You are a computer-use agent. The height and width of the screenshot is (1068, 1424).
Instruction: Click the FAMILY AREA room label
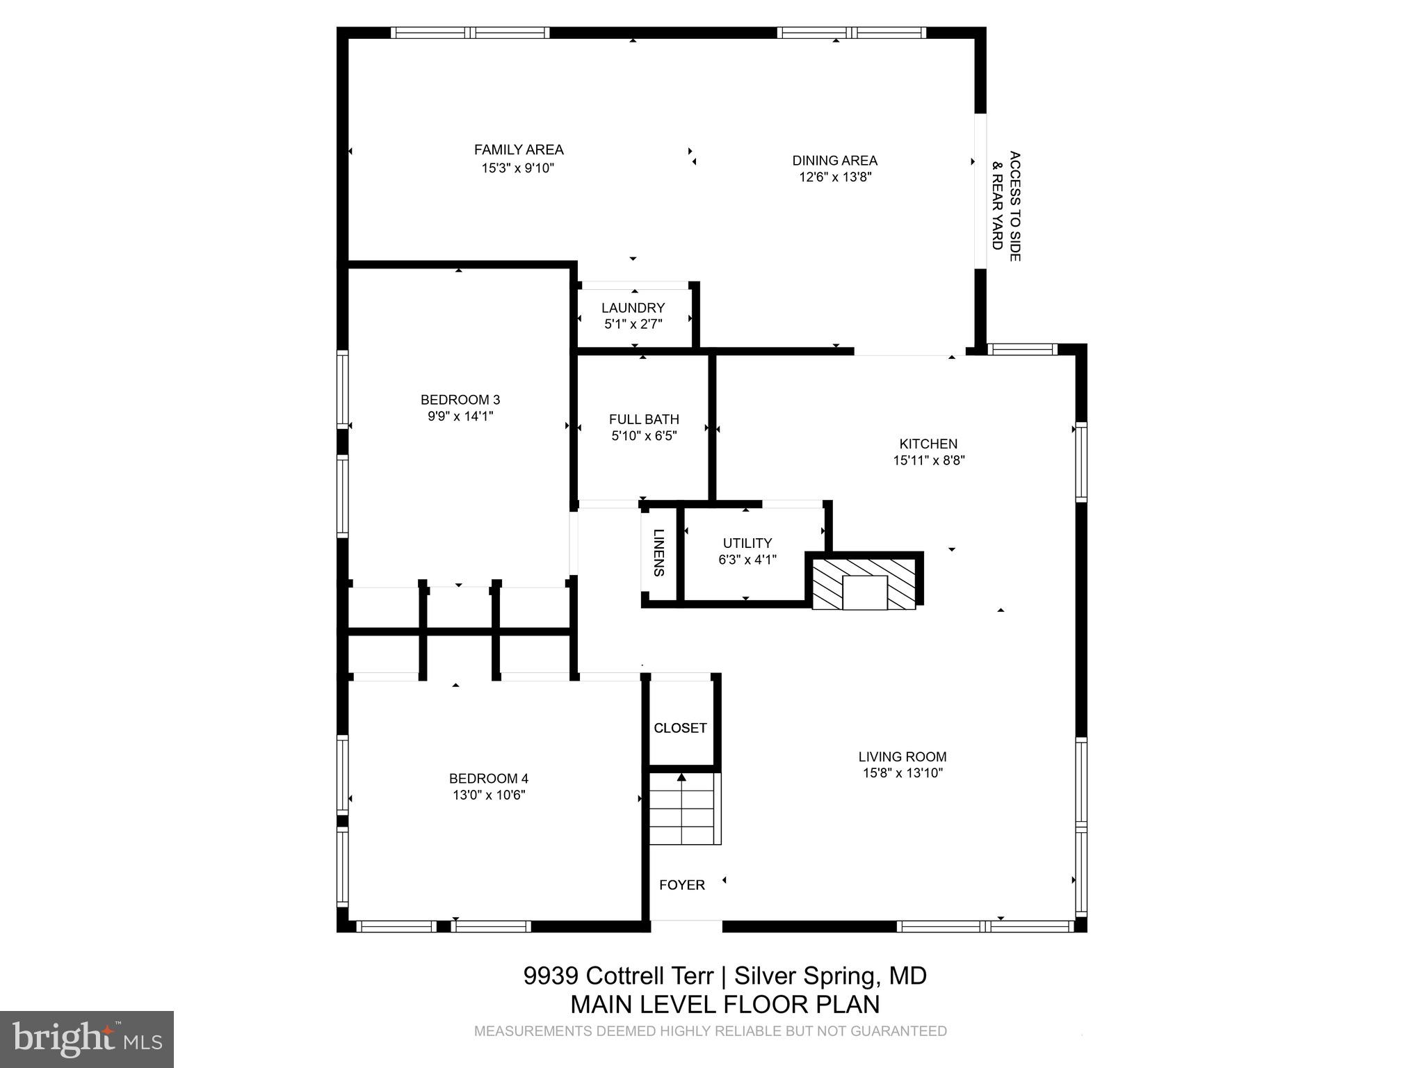519,150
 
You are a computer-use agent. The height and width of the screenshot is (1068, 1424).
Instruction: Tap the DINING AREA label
834,161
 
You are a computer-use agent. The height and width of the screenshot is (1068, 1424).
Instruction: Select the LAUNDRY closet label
633,308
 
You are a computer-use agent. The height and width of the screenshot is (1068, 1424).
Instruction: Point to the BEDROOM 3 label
460,400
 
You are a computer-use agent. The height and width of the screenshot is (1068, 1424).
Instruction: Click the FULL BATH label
644,419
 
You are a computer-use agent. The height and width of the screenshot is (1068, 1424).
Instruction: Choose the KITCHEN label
928,444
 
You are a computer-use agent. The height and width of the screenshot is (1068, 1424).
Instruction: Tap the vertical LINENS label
658,553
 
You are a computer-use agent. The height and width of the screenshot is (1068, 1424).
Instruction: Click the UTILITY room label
747,543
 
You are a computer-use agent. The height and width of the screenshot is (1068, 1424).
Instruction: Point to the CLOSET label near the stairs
680,728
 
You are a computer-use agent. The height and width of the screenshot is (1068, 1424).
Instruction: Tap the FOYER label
682,885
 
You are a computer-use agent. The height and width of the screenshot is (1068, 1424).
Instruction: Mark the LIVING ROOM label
903,756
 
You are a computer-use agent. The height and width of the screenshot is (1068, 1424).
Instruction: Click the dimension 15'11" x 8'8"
929,460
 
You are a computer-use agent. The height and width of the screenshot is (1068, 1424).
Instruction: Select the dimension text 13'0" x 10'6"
489,795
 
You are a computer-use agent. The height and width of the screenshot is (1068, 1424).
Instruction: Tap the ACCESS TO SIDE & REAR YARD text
1006,206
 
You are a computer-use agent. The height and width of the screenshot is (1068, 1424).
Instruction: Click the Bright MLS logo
87,1039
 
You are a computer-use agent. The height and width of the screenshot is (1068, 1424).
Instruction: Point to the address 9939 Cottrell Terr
619,976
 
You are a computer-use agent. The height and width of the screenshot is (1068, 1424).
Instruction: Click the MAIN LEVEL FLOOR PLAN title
725,1005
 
